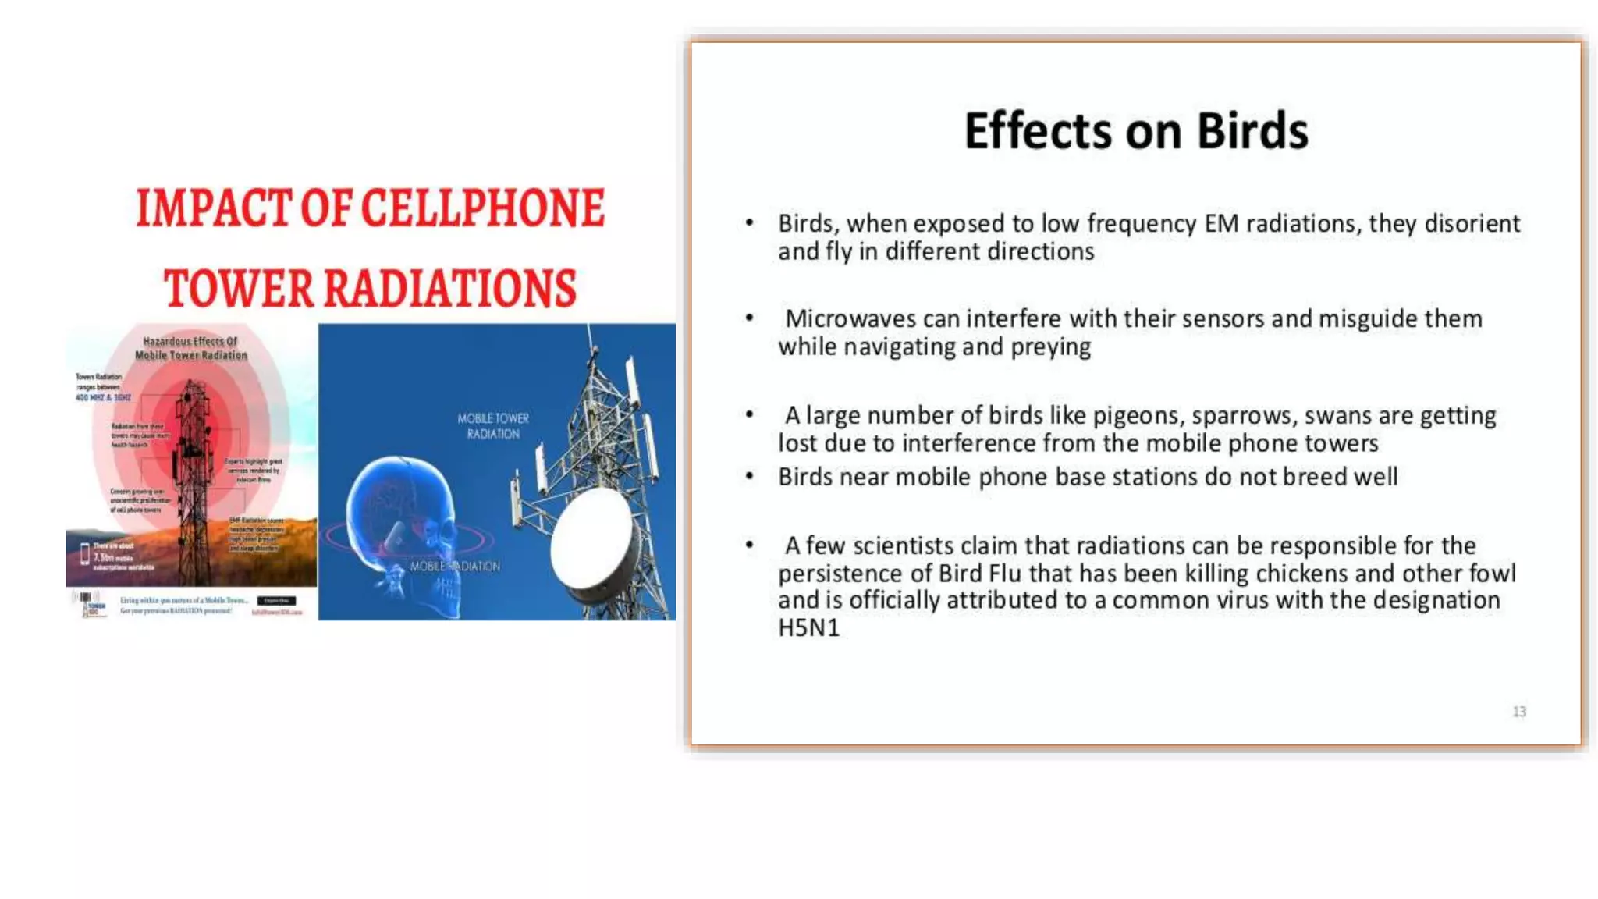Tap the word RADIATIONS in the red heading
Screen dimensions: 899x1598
point(449,289)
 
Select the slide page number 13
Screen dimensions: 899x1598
point(1518,712)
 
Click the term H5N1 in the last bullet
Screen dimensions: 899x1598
point(808,627)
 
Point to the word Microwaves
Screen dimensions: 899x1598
point(850,318)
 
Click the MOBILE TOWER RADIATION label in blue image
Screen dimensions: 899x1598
point(493,426)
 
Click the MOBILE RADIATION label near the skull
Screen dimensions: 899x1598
point(455,566)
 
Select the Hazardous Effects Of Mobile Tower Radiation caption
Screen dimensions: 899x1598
point(190,348)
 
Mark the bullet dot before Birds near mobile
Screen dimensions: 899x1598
point(749,475)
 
